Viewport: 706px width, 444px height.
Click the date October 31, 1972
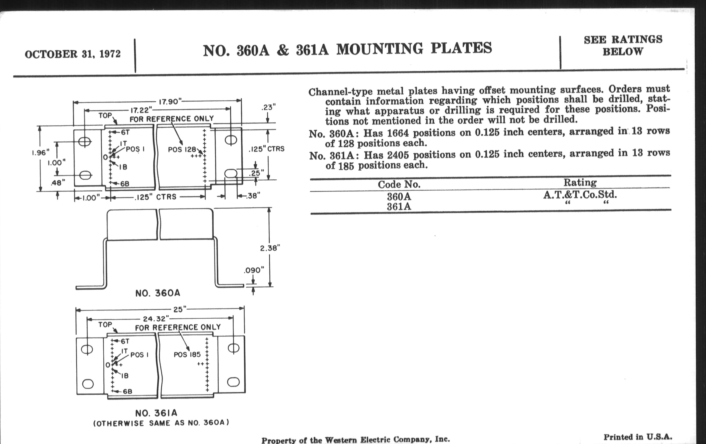tap(73, 54)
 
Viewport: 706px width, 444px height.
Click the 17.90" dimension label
tap(170, 102)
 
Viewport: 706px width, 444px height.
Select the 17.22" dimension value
tap(141, 110)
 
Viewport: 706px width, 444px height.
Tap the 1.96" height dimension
tap(40, 153)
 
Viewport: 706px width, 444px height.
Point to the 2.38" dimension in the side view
tap(270, 248)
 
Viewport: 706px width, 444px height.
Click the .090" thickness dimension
tap(254, 270)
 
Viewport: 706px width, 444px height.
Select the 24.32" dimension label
tap(156, 319)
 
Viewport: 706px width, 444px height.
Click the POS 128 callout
tap(182, 149)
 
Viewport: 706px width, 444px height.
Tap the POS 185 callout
tap(187, 355)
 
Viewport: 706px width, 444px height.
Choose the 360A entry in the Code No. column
tap(399, 196)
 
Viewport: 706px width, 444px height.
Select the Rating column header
tap(580, 183)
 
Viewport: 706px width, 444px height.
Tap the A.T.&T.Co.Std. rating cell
tap(580, 195)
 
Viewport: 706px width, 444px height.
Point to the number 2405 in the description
tap(398, 154)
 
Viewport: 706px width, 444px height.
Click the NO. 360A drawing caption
tap(158, 293)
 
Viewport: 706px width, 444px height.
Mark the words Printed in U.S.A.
tap(638, 437)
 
